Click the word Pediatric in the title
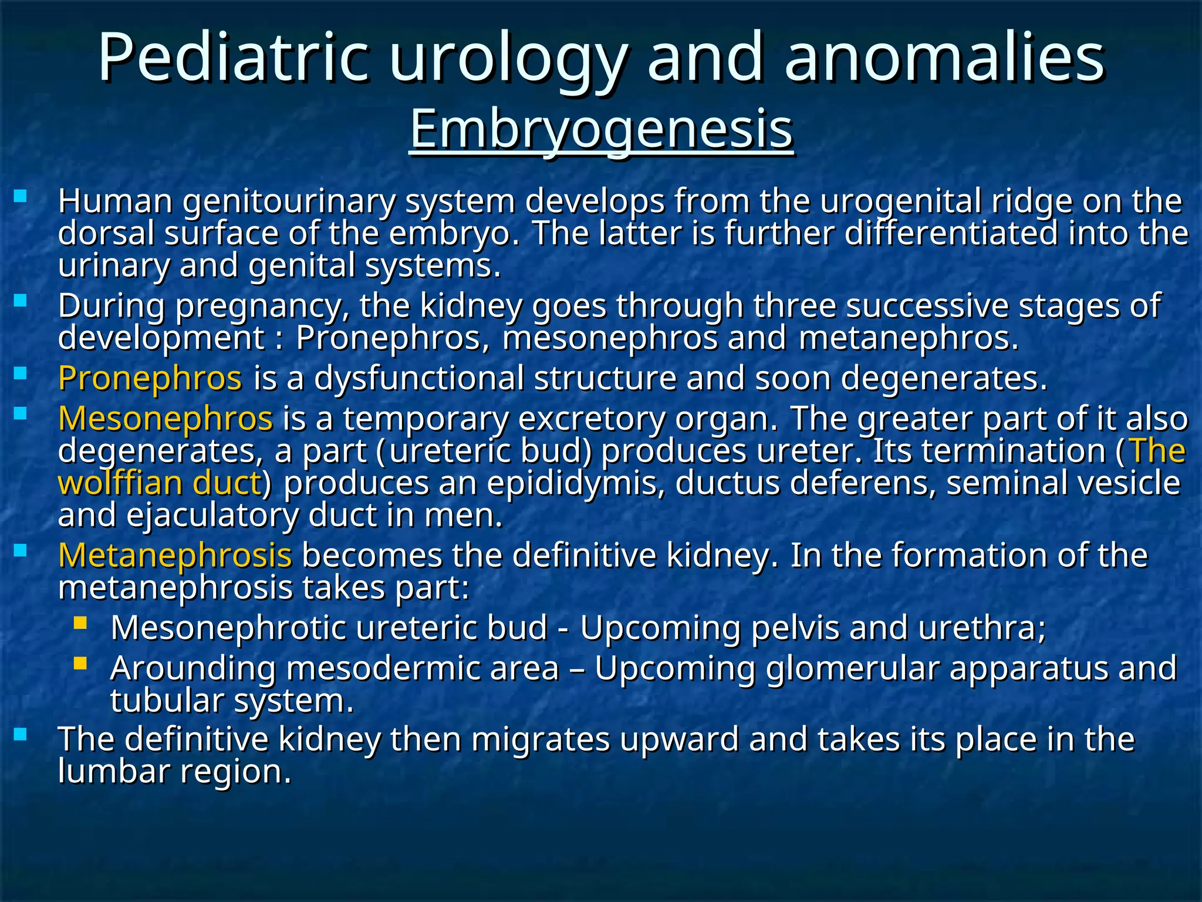234,58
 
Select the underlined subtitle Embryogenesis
601,129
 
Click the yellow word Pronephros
150,378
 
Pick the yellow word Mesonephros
166,419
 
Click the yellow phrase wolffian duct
160,483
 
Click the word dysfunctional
419,378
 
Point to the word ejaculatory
212,516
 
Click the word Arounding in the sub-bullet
193,668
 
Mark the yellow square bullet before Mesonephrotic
80,622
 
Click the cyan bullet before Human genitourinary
21,196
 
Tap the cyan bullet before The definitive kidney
21,734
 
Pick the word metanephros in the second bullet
907,339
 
